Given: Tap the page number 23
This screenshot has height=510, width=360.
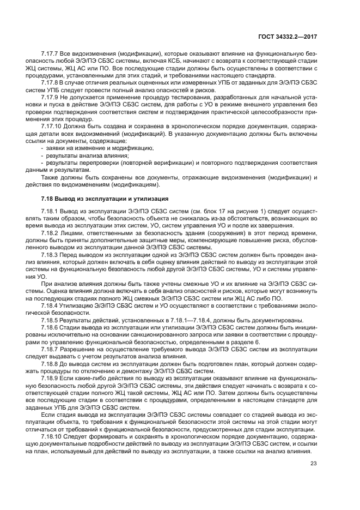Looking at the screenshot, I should (x=313, y=464).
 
